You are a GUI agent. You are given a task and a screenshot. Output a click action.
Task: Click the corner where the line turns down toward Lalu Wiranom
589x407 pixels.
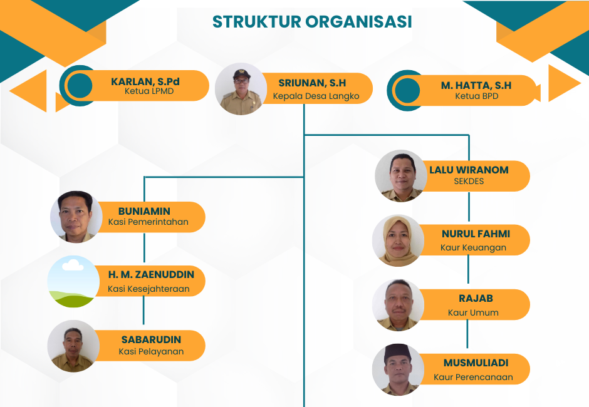[469, 135]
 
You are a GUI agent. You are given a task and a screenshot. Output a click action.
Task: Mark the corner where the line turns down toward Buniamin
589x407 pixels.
[145, 177]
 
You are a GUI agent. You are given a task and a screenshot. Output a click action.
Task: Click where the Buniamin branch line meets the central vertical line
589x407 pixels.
[304, 177]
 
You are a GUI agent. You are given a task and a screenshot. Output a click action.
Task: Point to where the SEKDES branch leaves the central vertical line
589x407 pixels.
[304, 135]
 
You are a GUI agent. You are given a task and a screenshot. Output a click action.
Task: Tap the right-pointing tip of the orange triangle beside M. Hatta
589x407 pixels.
[581, 83]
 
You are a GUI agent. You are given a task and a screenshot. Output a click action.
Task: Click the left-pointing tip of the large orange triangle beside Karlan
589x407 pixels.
[10, 91]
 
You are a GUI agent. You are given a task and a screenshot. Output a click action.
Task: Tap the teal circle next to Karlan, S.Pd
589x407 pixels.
[80, 86]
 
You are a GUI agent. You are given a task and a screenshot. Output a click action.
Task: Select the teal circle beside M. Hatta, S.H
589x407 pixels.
[407, 91]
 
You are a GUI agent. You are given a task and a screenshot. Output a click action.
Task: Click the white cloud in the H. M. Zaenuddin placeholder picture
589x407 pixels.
[73, 265]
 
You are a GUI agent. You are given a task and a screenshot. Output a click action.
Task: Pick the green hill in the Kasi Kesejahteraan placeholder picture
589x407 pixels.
[72, 299]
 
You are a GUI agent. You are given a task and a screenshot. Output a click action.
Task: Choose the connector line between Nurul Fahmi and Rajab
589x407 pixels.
[468, 269]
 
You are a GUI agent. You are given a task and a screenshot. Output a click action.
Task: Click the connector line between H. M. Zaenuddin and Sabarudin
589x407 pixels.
[144, 310]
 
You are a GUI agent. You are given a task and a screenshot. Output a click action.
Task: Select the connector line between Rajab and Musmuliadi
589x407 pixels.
[467, 334]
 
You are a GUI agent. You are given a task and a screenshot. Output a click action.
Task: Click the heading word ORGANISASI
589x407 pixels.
[358, 21]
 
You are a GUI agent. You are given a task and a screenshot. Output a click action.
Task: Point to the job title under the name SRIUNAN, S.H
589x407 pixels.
[316, 96]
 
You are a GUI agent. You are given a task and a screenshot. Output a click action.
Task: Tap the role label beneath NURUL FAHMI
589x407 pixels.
[473, 248]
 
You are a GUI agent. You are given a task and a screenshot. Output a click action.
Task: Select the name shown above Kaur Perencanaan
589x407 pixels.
[476, 363]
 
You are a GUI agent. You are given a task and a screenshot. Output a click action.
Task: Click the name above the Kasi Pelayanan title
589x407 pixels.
[151, 340]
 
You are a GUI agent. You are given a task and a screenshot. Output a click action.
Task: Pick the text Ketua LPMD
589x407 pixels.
[149, 91]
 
